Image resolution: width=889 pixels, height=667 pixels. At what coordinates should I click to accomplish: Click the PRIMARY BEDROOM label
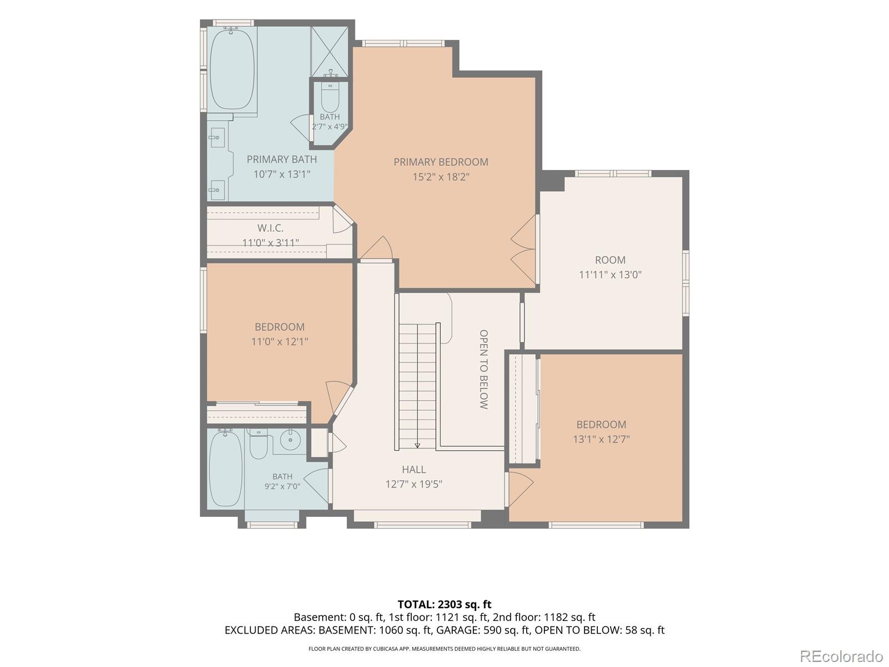coord(441,162)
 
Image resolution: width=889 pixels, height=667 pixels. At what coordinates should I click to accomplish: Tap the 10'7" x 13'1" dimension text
coord(282,174)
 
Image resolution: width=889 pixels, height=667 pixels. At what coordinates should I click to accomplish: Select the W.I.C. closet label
coord(270,227)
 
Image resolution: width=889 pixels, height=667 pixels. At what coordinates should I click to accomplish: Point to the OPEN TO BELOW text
coord(483,369)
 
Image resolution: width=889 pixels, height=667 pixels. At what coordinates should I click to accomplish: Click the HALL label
coord(413,469)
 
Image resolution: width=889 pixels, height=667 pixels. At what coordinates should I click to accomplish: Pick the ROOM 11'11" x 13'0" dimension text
coord(610,275)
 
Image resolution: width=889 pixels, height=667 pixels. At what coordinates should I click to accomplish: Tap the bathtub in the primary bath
coord(232,69)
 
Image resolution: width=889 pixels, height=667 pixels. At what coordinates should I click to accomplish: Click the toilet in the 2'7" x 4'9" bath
coord(330,98)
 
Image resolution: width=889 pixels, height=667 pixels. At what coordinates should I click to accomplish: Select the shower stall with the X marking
coord(329,52)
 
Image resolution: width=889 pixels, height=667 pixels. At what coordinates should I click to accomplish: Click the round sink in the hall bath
coord(290,440)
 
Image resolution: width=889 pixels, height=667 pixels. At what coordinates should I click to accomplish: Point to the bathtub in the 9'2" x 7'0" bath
coord(226,469)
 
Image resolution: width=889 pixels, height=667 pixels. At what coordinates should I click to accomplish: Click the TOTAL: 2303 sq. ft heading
coord(444,605)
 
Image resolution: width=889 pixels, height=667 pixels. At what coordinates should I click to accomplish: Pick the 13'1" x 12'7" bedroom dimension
coord(601,439)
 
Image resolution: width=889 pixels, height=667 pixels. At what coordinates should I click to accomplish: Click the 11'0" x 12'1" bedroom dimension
coord(279,341)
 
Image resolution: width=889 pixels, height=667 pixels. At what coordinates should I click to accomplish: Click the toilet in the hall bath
coord(258,444)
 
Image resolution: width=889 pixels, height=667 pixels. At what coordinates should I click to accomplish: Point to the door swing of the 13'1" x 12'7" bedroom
coord(521,489)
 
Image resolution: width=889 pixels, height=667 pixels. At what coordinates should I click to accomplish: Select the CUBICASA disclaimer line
coord(444,649)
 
